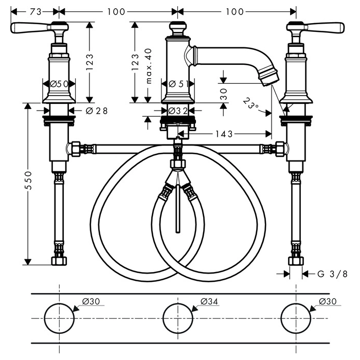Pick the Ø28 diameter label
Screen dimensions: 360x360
pyautogui.click(x=96, y=110)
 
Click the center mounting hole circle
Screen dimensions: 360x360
pyautogui.click(x=178, y=318)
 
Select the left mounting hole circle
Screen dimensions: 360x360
pyautogui.click(x=60, y=318)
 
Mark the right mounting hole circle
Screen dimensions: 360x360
pyautogui.click(x=296, y=318)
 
